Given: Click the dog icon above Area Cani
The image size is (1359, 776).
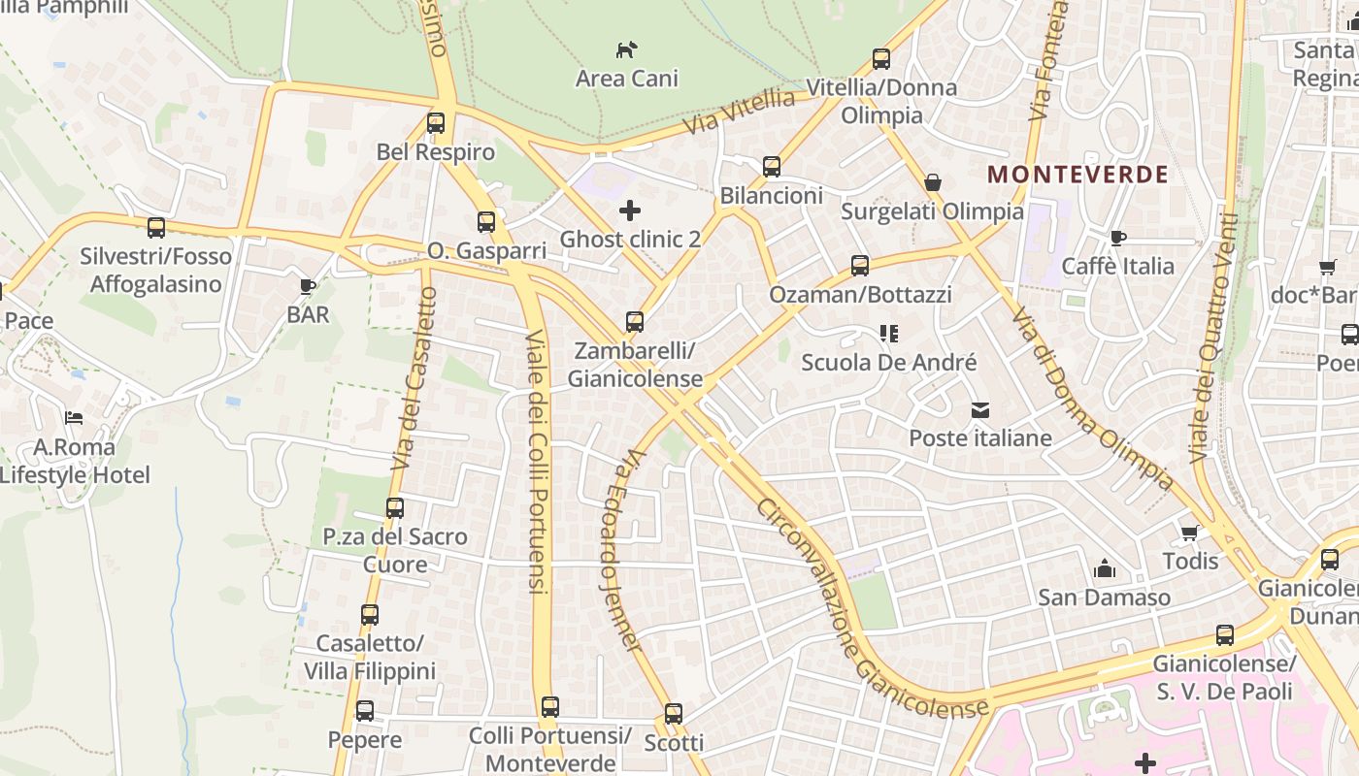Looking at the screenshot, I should [x=627, y=48].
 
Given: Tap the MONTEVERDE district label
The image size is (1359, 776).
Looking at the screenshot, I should [x=1077, y=175].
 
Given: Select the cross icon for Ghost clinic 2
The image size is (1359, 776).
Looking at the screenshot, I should [x=630, y=210].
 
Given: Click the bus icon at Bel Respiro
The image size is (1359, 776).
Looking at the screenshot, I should [x=436, y=123].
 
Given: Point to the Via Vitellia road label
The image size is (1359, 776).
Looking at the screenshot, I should [x=739, y=113].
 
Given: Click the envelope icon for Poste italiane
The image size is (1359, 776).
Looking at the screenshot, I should [x=979, y=410].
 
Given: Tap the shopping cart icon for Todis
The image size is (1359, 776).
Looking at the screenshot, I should [x=1190, y=533].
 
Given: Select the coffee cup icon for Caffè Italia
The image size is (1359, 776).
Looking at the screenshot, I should [x=1117, y=238].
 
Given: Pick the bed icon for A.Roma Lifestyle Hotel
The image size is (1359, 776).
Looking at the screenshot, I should [x=74, y=418].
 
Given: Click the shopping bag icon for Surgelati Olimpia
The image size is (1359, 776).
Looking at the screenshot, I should [x=932, y=182].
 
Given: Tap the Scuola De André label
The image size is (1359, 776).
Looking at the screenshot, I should [x=888, y=363].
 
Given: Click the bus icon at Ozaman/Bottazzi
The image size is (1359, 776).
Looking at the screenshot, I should [x=859, y=265].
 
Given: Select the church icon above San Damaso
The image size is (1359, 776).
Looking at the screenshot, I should [x=1105, y=568].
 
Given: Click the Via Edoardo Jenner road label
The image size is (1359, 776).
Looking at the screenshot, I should [x=621, y=548].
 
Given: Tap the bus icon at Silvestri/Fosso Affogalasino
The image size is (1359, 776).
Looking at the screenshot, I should [x=155, y=228].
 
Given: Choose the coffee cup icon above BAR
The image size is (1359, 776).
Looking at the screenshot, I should [x=308, y=286].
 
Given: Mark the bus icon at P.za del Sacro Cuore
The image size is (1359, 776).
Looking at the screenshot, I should [x=395, y=508].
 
